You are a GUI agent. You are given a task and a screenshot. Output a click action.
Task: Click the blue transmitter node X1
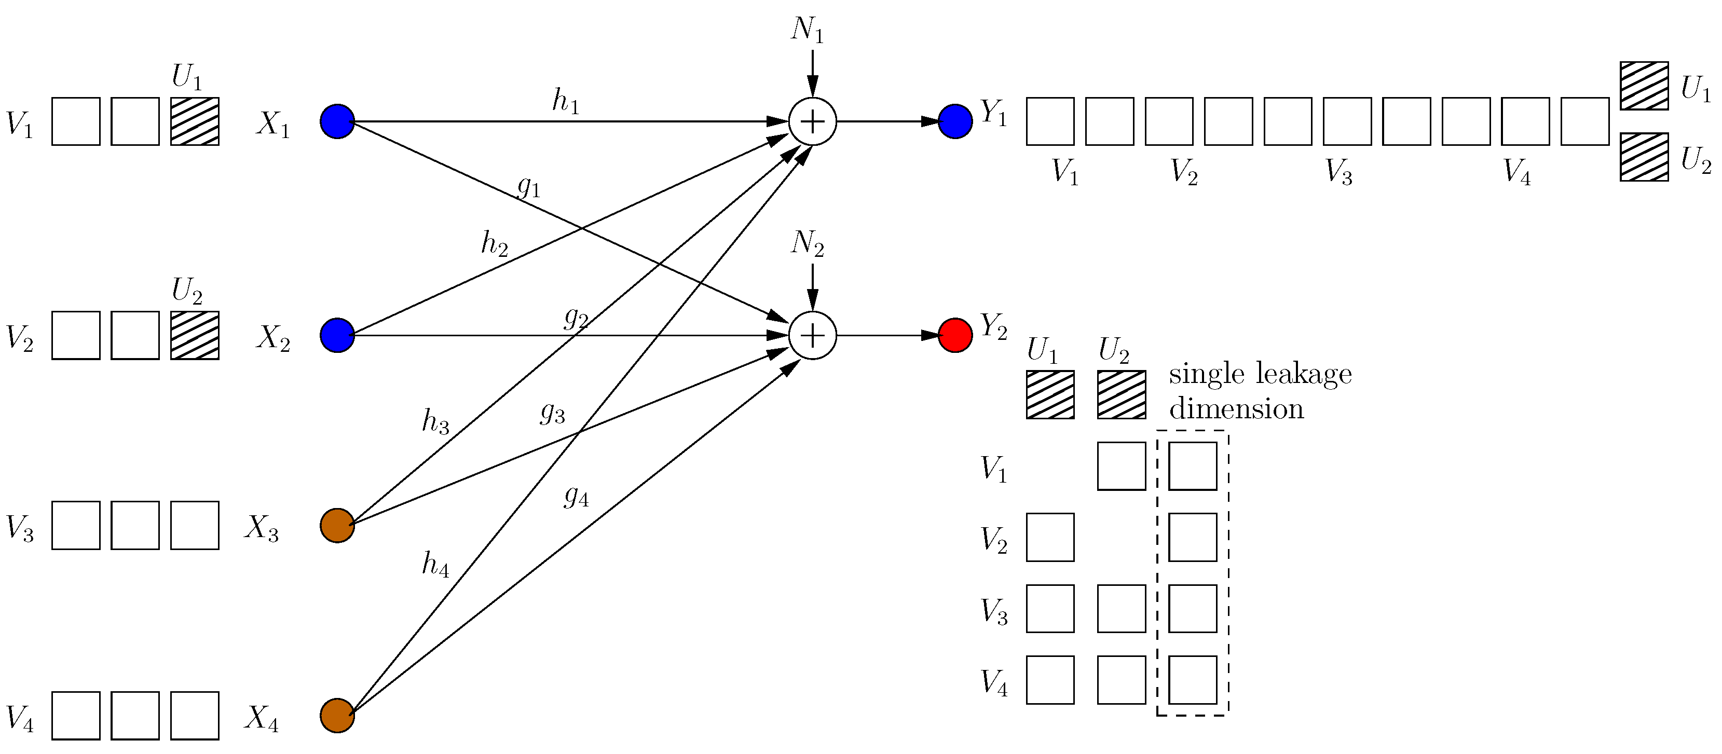click(337, 121)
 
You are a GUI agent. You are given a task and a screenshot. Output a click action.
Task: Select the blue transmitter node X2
click(337, 336)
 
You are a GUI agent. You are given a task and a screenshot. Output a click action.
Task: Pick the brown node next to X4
click(337, 716)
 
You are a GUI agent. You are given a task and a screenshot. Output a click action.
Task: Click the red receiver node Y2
click(955, 336)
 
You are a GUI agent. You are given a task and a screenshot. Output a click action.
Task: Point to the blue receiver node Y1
click(955, 121)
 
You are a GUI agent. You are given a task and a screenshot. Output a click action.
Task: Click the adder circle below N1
click(812, 121)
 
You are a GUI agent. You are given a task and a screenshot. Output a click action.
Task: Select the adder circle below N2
click(812, 336)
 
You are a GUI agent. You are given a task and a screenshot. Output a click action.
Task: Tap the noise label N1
click(807, 30)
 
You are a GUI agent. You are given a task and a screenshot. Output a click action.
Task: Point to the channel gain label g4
click(576, 496)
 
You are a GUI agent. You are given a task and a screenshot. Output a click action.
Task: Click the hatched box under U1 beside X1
click(195, 121)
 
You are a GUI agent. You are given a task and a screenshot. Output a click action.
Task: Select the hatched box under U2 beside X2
click(195, 336)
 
